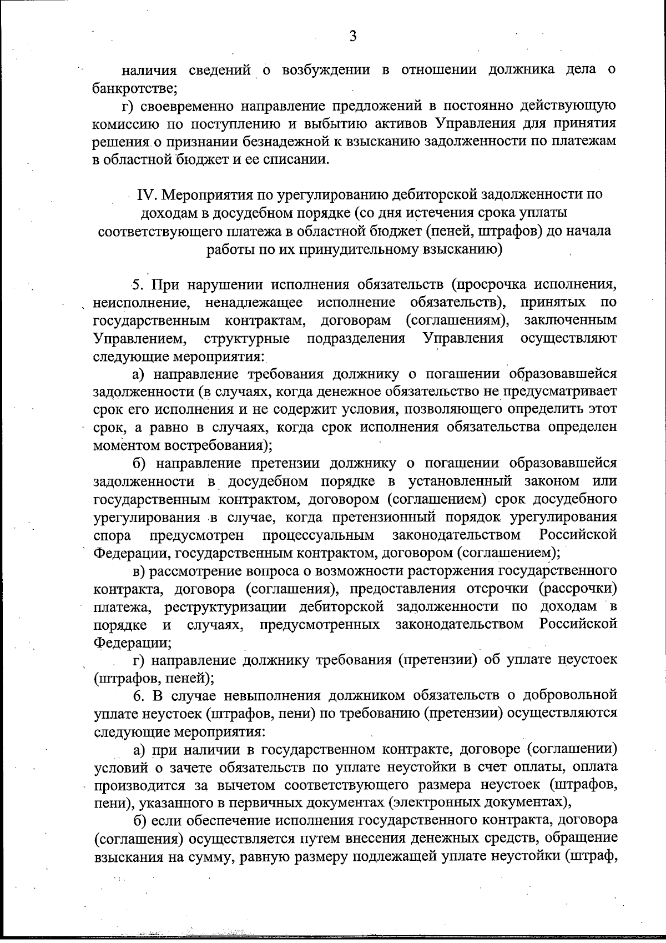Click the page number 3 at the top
pos(352,37)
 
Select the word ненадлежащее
pos(253,303)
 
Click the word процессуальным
pos(318,535)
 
